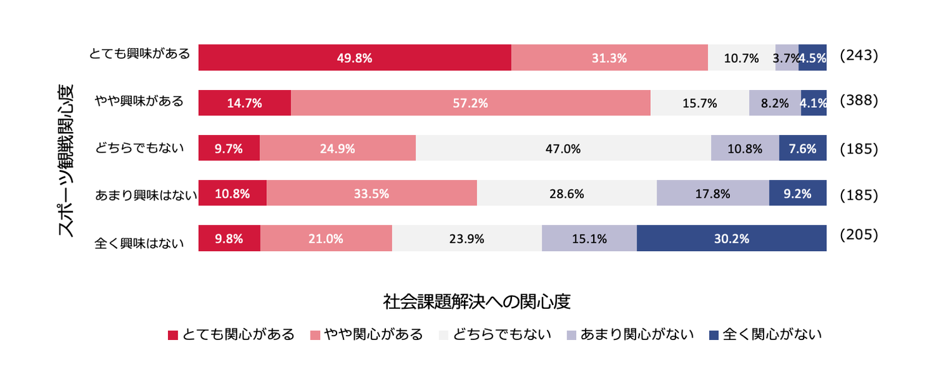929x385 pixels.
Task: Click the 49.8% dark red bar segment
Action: (354, 58)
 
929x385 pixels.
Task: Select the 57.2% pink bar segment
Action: (470, 103)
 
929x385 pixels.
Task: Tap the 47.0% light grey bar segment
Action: (563, 148)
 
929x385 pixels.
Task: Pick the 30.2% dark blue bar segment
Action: (731, 238)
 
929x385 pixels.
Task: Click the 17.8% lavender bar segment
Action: (712, 193)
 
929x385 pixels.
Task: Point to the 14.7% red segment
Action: (245, 103)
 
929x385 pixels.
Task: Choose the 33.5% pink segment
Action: (371, 193)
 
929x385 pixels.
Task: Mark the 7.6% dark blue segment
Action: (802, 148)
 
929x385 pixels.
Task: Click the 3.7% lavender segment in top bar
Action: (786, 58)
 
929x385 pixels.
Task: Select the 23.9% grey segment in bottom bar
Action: (466, 238)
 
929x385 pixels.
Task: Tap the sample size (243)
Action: (858, 55)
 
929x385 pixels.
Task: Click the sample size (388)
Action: (858, 100)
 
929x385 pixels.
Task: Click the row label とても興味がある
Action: (139, 54)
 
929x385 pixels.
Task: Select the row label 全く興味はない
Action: (139, 242)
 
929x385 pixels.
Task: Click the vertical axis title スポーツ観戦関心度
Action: (67, 159)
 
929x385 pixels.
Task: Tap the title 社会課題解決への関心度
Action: (477, 301)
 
